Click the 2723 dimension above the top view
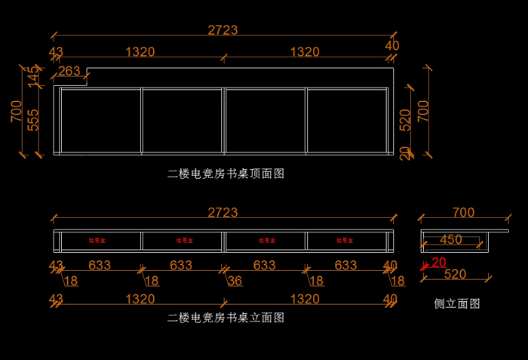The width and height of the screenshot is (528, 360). (x=223, y=30)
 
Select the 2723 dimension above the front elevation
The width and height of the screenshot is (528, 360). (x=223, y=213)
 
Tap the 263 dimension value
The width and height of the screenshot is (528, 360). (x=69, y=71)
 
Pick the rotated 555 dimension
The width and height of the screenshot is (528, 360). (x=33, y=119)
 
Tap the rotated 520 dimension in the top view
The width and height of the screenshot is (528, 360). (x=405, y=119)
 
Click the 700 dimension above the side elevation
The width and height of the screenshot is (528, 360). (x=462, y=213)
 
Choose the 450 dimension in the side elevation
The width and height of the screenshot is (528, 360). (x=450, y=240)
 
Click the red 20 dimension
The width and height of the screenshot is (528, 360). (x=438, y=263)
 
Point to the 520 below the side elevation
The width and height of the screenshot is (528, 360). (x=456, y=274)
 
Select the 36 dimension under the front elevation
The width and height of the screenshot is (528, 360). (x=235, y=281)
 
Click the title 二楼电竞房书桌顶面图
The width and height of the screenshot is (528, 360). (x=226, y=174)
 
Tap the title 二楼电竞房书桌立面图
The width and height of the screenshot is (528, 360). (x=226, y=318)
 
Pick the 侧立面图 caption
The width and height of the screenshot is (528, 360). (x=457, y=304)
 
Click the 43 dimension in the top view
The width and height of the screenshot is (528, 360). (x=55, y=52)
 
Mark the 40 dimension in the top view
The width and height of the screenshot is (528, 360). (x=392, y=45)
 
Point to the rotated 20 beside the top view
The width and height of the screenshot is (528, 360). (x=404, y=154)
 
